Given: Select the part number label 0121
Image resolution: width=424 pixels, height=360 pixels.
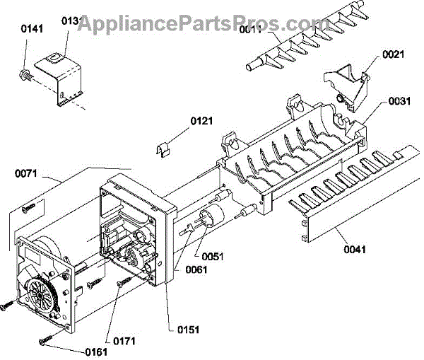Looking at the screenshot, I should click(x=201, y=121).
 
